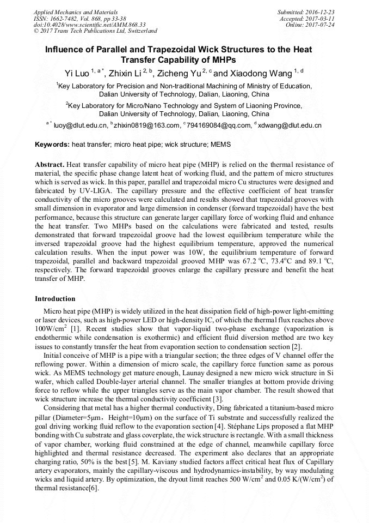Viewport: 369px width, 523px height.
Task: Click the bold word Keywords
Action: pos(52,145)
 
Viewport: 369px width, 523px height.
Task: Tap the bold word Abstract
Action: pos(50,164)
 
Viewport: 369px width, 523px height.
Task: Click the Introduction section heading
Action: pos(55,299)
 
